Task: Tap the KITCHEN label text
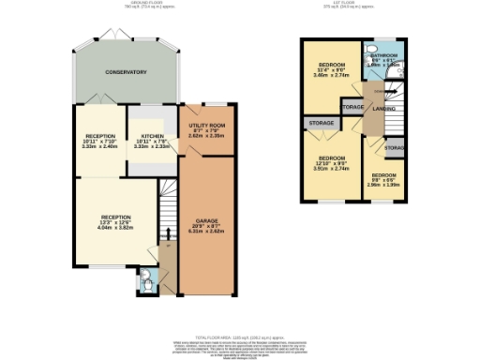[153, 135]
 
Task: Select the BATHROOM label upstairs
[384, 56]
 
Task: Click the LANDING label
[384, 109]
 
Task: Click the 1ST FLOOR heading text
[355, 4]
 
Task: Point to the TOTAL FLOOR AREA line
[239, 336]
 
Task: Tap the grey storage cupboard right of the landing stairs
[395, 148]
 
